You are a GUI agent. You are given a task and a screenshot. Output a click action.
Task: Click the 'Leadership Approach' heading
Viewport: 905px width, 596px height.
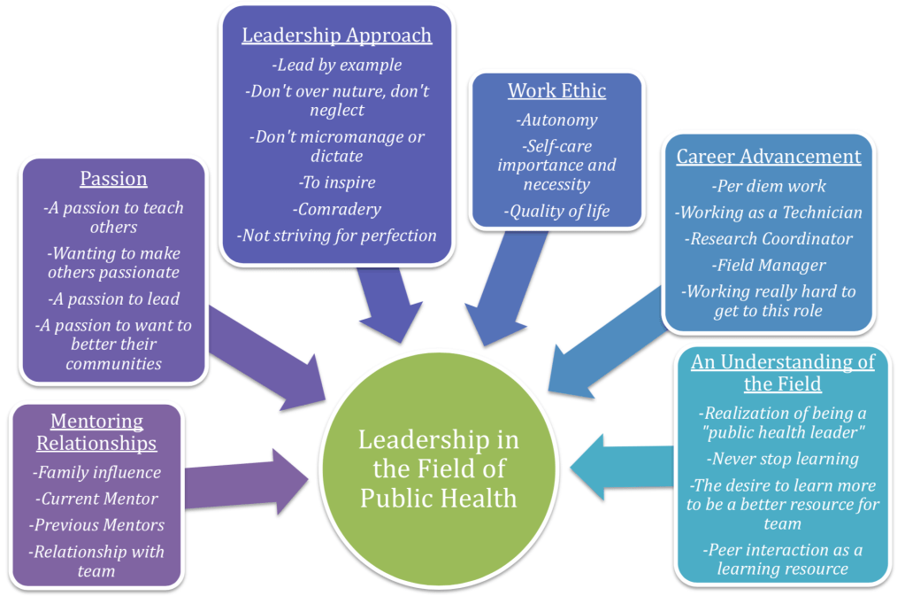pos(337,35)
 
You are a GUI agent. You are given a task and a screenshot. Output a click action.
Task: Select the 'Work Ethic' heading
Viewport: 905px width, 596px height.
pos(557,90)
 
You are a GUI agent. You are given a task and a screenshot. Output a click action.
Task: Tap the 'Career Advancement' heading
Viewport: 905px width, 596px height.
pos(769,157)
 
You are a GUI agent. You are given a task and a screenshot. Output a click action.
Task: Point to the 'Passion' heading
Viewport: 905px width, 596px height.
pos(113,179)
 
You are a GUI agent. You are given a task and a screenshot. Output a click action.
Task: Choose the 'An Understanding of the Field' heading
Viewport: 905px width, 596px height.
pos(783,372)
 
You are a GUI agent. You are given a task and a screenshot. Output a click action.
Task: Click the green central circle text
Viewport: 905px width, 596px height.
pos(438,468)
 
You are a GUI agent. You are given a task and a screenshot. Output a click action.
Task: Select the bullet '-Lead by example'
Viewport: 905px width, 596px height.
pos(336,65)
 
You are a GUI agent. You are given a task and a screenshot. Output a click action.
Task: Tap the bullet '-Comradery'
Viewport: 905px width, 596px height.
pos(336,210)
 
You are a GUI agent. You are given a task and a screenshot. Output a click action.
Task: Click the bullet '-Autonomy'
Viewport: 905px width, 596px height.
pos(556,120)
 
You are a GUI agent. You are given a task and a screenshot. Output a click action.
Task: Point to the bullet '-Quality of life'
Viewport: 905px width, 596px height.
pos(556,212)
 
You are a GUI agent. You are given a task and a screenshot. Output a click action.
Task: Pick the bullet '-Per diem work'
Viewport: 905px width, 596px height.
pos(769,186)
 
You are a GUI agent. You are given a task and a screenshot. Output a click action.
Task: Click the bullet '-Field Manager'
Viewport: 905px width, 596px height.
pos(769,264)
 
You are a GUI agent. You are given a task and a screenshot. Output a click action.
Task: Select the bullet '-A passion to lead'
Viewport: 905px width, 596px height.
pos(113,298)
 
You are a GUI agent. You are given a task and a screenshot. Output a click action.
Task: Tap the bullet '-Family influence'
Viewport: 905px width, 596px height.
pos(96,473)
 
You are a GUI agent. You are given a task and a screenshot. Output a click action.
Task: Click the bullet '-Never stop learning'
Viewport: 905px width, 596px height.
pos(783,459)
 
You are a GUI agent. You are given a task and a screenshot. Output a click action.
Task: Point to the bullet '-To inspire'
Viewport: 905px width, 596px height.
pos(336,182)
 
